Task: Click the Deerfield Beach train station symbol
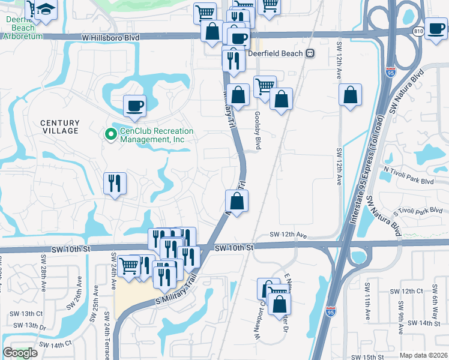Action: tap(310, 52)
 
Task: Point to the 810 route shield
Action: tap(419, 31)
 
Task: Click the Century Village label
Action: tap(59, 126)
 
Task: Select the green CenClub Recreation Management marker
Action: tap(110, 134)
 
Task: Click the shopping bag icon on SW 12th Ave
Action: tap(350, 95)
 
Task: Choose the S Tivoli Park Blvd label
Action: tap(418, 211)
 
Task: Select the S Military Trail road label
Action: tap(175, 290)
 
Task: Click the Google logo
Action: tap(20, 353)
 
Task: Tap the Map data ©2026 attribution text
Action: tap(423, 355)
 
